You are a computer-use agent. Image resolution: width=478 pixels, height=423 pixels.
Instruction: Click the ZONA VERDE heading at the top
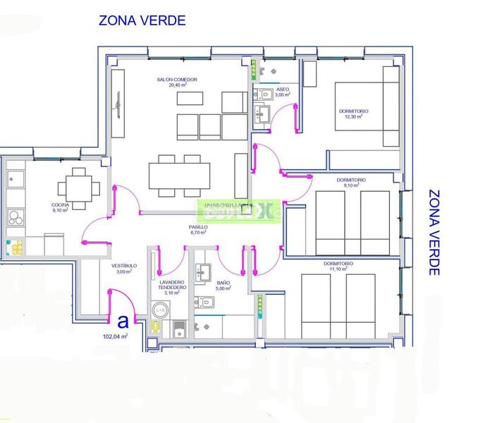pos(142,20)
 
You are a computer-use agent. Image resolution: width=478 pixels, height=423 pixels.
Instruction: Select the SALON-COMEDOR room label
pos(177,80)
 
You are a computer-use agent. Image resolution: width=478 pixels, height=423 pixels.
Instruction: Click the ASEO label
pos(282,90)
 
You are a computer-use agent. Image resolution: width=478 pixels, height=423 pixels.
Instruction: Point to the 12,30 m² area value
pos(353,118)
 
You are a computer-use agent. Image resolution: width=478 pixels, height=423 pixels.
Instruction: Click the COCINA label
pos(60,204)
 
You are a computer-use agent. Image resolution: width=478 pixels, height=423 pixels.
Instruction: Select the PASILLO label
pos(198,228)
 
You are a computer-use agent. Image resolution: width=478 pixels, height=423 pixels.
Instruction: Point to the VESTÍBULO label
pos(123,266)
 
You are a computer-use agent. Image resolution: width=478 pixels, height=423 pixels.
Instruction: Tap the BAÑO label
pos(223,282)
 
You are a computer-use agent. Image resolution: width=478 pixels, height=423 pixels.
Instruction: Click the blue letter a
pos(123,322)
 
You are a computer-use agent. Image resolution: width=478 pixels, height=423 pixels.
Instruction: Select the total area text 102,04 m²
pos(115,337)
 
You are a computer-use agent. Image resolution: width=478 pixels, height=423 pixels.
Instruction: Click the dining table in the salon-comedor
pos(179,173)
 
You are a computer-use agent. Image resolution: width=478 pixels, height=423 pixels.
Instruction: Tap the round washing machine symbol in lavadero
pos(160,309)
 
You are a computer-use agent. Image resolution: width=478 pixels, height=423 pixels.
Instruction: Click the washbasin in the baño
pos(206,271)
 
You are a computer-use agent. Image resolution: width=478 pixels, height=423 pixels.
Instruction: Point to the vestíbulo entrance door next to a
pos(111,305)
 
